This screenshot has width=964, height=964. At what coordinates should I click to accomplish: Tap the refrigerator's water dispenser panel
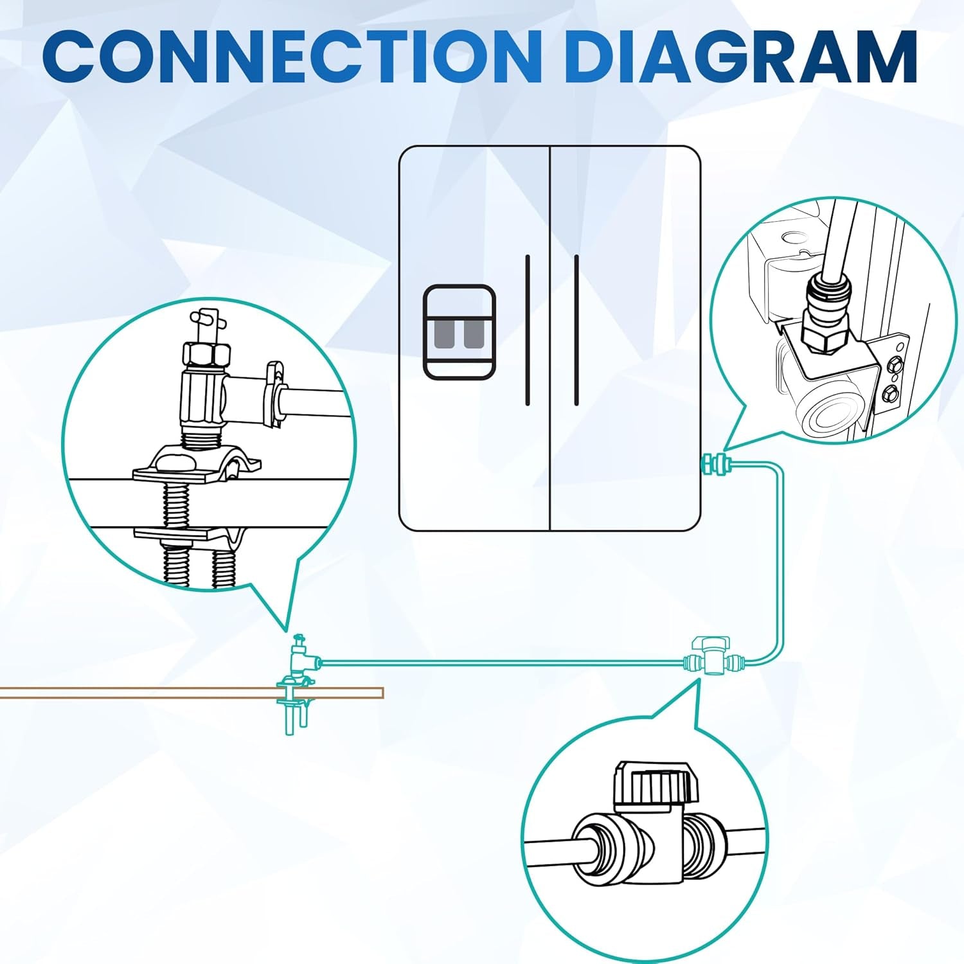(x=459, y=331)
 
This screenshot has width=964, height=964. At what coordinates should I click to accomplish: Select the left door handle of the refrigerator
(x=528, y=330)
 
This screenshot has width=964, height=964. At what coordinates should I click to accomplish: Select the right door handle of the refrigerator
(x=576, y=330)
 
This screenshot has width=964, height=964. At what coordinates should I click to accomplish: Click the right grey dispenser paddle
(x=474, y=334)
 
